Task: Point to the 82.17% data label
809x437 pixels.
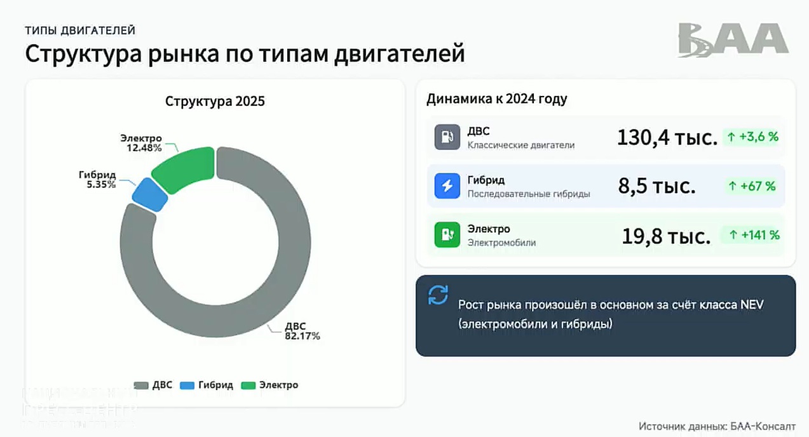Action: point(302,336)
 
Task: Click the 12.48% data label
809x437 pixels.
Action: point(145,147)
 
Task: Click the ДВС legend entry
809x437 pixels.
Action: point(153,385)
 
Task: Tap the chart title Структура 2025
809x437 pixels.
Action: point(215,101)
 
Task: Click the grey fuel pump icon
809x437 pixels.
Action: point(447,137)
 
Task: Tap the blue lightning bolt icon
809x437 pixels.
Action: point(447,185)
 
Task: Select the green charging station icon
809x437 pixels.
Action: point(447,234)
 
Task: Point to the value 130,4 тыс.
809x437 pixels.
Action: point(667,137)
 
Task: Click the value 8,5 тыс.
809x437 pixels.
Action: point(656,186)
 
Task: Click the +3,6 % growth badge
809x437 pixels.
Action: point(752,137)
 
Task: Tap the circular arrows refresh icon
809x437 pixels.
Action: point(438,295)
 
